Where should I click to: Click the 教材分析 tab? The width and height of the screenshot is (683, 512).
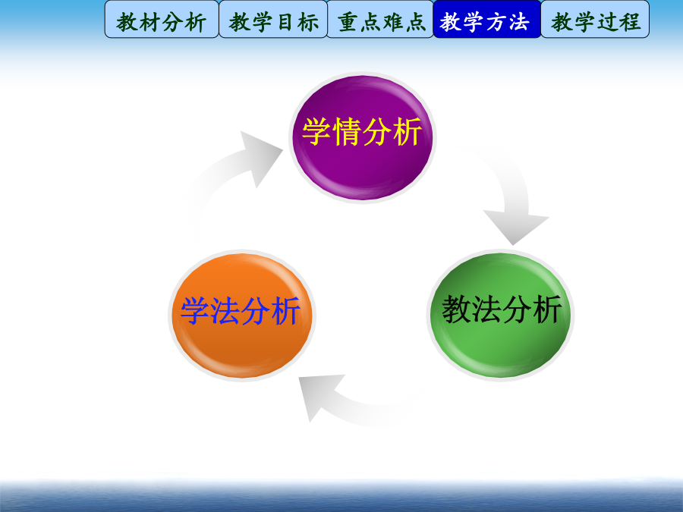pyautogui.click(x=162, y=19)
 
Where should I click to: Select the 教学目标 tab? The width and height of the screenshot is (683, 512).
pyautogui.click(x=273, y=19)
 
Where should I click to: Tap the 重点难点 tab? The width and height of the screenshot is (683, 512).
pyautogui.click(x=380, y=19)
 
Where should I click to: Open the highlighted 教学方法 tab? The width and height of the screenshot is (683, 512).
pyautogui.click(x=487, y=19)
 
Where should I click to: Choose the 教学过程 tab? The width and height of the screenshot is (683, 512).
pyautogui.click(x=595, y=19)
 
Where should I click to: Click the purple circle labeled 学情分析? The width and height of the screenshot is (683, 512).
pyautogui.click(x=363, y=137)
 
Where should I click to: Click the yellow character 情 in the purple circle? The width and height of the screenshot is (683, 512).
pyautogui.click(x=348, y=132)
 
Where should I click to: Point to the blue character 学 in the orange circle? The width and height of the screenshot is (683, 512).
pyautogui.click(x=195, y=311)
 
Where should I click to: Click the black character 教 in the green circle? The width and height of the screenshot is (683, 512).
pyautogui.click(x=456, y=310)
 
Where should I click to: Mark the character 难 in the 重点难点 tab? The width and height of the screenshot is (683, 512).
pyautogui.click(x=392, y=22)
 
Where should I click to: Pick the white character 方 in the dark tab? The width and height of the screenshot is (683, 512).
pyautogui.click(x=496, y=22)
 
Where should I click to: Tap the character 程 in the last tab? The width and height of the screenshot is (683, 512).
pyautogui.click(x=631, y=22)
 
